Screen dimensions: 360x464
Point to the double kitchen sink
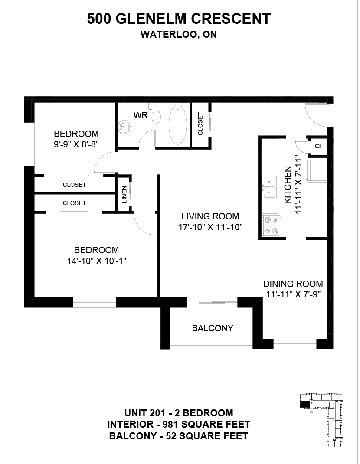pos(269,187)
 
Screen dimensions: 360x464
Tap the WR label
pos(141,115)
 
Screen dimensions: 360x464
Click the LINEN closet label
pos(124,194)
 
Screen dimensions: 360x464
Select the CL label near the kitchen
pos(318,146)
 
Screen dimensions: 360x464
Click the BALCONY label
pos(213,328)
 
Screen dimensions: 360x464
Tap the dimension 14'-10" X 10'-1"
pos(97,261)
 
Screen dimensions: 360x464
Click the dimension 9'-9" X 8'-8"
pos(76,145)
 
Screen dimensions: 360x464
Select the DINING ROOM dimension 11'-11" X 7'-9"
pos(293,295)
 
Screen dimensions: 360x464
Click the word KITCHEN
pos(288,185)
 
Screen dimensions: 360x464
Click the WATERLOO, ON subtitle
pos(179,35)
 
